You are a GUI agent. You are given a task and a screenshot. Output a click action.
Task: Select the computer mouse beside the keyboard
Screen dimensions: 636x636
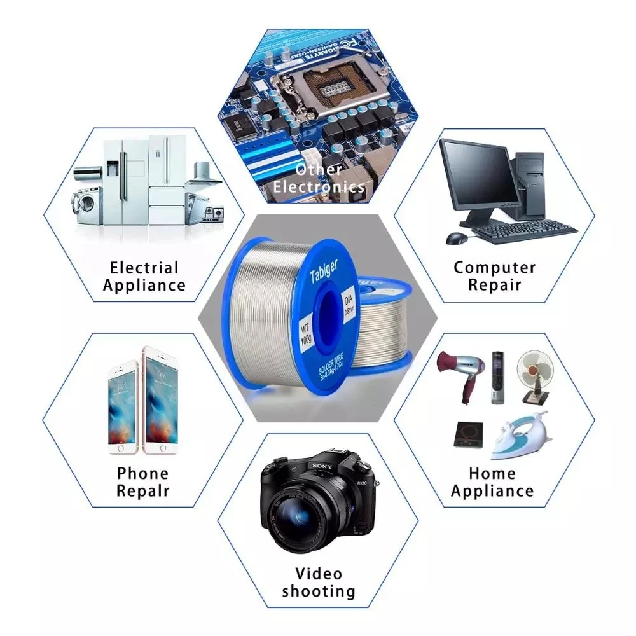(457, 238)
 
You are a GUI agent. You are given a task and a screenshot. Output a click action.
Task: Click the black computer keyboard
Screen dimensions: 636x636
(525, 232)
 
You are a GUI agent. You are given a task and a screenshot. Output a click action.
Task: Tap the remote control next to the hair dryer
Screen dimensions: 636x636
(497, 378)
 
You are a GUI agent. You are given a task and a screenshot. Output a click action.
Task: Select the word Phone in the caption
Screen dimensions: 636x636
(143, 473)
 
